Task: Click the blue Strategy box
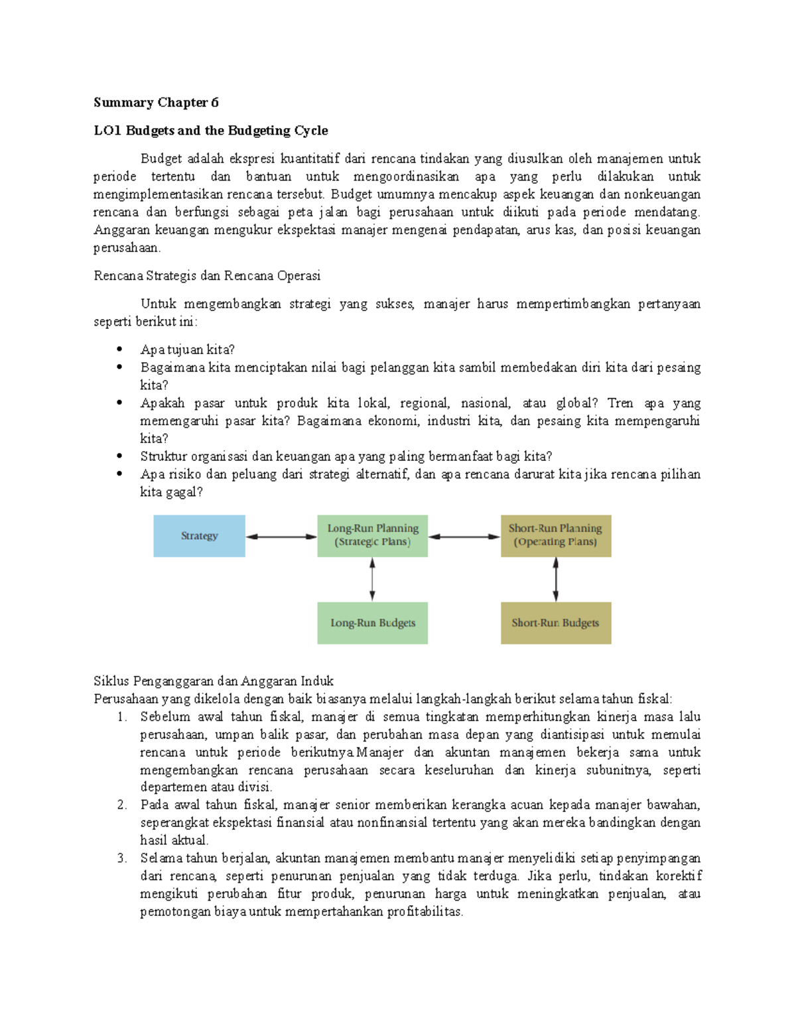[199, 536]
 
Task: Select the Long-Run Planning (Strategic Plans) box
[372, 536]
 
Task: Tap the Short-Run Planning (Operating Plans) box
[555, 536]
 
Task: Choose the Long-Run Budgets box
[372, 623]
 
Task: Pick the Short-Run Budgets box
[555, 623]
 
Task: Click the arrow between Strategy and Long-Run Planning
[281, 537]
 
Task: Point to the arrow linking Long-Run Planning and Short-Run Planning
[464, 537]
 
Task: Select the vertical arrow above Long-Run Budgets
[372, 579]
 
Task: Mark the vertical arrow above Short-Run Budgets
[556, 579]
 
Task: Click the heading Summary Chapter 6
[156, 102]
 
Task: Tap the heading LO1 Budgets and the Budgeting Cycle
[211, 130]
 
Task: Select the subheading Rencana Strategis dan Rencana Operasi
[207, 275]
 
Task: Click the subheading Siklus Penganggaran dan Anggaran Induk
[214, 680]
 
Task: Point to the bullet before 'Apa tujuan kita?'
[119, 349]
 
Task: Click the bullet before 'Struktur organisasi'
[119, 456]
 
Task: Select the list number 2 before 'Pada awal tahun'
[121, 805]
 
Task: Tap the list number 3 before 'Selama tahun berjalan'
[121, 858]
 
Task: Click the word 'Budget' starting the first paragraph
[161, 159]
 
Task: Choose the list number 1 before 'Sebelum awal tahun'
[121, 716]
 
